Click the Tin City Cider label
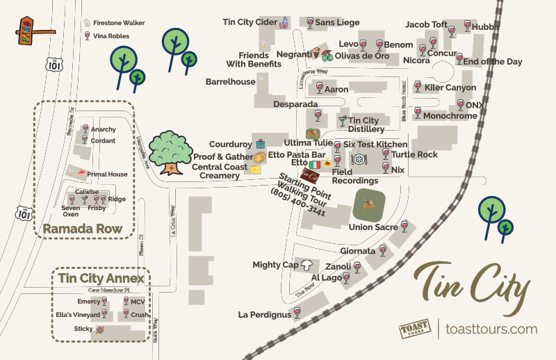(250, 22)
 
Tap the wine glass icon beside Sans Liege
(309, 23)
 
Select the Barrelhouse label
(230, 82)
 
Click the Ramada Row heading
(83, 229)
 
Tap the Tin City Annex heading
(101, 279)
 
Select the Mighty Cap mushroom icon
(306, 264)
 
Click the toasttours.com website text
(491, 329)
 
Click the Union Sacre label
(373, 227)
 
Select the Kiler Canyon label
(450, 88)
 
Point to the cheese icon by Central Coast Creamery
(256, 169)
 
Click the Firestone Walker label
(119, 23)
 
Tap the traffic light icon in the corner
(28, 31)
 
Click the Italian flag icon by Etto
(315, 164)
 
